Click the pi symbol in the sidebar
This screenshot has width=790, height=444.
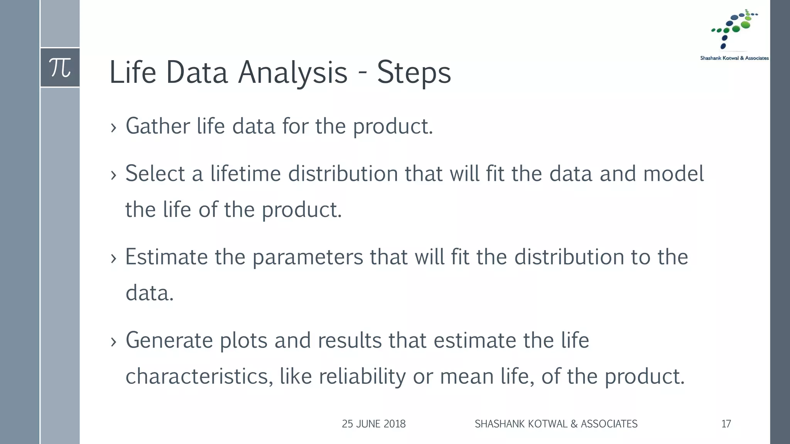60,68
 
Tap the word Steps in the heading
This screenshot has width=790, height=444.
414,72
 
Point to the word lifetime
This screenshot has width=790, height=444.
245,173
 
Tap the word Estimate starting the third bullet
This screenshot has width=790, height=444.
166,257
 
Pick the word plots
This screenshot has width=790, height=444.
243,341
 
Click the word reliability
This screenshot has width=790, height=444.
362,377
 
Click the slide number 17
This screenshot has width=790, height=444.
726,424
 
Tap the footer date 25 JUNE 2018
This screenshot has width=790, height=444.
373,424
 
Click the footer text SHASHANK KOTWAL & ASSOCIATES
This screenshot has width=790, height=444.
556,424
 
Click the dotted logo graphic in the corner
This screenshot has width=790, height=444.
734,29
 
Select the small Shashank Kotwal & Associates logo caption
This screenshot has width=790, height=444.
734,58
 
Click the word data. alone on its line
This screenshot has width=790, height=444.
150,293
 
